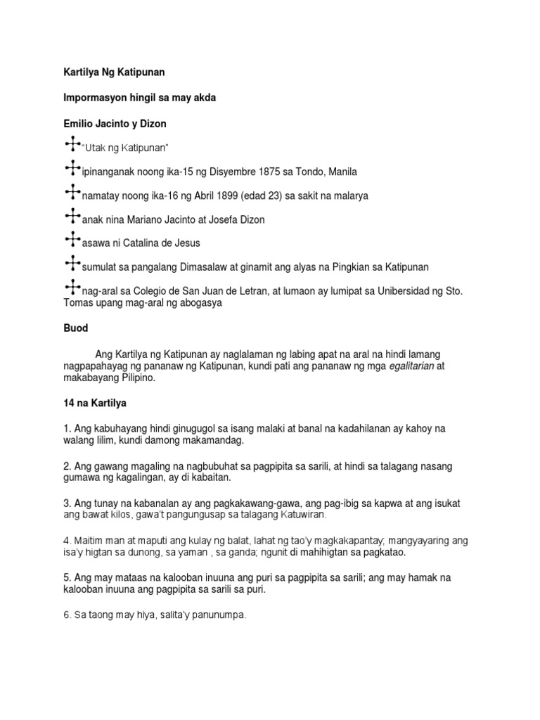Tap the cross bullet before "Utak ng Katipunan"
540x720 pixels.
point(72,145)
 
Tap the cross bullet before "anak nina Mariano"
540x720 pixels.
point(72,217)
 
